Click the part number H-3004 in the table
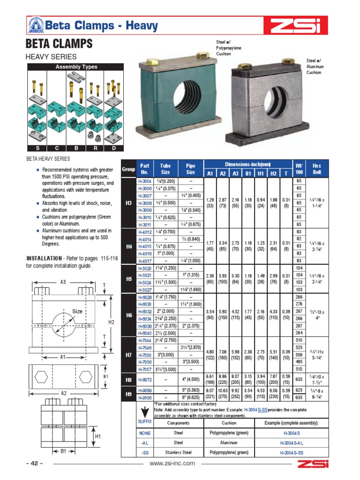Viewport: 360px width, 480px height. pyautogui.click(x=144, y=180)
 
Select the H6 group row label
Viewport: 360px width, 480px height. pyautogui.click(x=129, y=315)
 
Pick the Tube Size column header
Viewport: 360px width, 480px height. pyautogui.click(x=165, y=169)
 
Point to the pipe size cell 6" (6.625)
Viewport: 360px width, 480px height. pyautogui.click(x=192, y=397)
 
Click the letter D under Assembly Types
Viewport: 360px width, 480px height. pyautogui.click(x=113, y=148)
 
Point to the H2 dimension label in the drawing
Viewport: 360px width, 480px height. pyautogui.click(x=112, y=322)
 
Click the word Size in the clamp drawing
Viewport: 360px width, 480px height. pyautogui.click(x=77, y=311)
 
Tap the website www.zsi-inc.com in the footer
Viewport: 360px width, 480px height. pyautogui.click(x=172, y=463)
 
